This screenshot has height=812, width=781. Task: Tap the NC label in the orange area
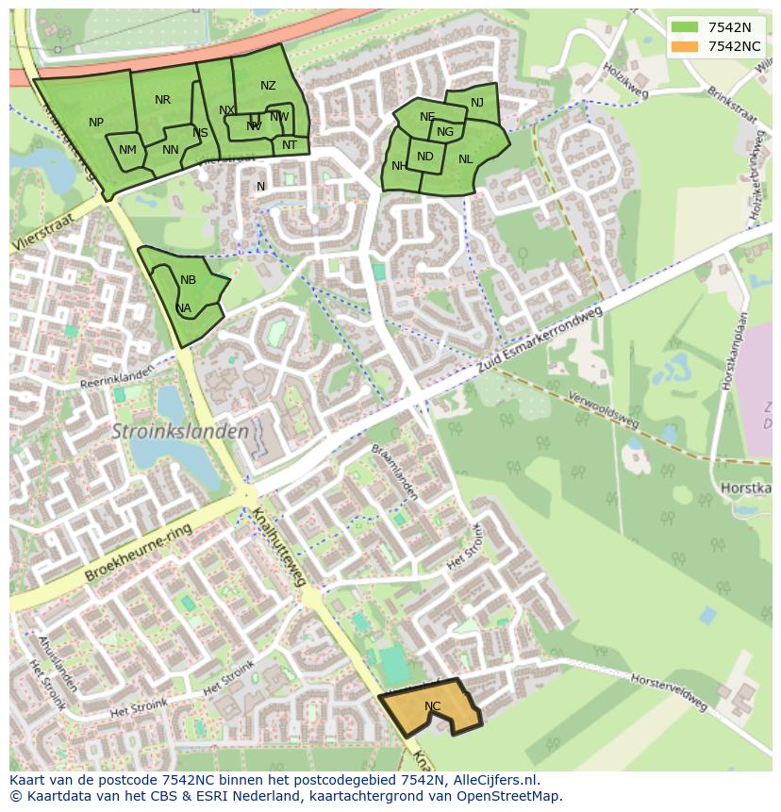(432, 706)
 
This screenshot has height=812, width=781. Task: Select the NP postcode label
(96, 123)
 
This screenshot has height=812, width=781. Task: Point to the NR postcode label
(162, 100)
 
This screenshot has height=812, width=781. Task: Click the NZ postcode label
(268, 86)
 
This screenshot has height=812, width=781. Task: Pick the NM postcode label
(127, 150)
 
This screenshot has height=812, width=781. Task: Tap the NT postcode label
(289, 145)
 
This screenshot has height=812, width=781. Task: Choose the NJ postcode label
(476, 103)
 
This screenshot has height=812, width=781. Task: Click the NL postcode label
(465, 159)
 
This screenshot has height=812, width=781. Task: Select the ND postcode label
(424, 157)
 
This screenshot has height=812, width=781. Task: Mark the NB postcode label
(188, 280)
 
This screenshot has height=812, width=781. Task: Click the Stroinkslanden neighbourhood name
(181, 432)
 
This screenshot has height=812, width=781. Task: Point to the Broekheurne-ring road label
(138, 552)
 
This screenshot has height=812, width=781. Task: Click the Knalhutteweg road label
(279, 547)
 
